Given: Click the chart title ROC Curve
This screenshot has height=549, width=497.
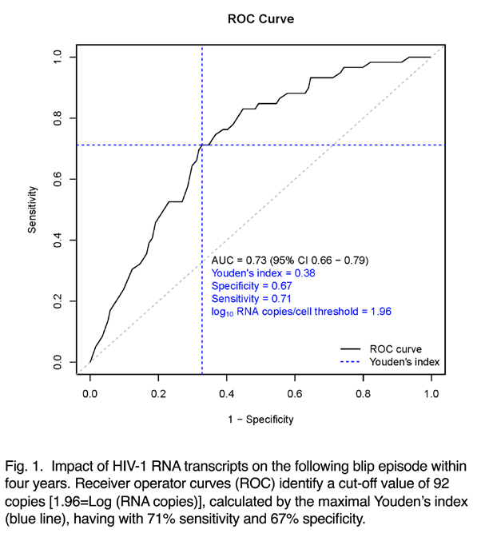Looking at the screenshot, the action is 260,19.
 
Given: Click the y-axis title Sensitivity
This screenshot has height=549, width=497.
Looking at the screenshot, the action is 32,209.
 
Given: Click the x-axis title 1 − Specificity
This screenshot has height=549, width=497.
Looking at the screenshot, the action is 260,419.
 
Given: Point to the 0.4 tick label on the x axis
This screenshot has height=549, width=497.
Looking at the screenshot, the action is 226,394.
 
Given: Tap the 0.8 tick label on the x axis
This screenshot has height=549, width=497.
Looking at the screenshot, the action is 363,394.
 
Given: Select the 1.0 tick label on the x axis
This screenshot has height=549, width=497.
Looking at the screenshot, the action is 431,394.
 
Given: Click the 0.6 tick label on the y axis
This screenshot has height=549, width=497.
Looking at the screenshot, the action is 58,179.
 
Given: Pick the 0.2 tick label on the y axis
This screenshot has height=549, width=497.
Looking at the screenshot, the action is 58,301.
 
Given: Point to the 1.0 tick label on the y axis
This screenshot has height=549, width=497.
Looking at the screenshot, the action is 58,57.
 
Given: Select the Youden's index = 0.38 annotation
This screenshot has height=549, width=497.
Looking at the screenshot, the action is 263,273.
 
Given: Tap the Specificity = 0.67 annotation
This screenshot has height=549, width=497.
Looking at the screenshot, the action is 252,286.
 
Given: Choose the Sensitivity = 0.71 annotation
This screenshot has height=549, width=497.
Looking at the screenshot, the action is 252,299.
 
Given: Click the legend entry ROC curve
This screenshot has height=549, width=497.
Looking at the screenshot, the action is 396,349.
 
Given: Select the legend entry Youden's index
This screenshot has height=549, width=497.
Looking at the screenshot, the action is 404,362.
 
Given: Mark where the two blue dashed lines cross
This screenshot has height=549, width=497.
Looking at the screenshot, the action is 202,145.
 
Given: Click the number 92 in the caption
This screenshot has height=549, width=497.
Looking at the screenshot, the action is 441,483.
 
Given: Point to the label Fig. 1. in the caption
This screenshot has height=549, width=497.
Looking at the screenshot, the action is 24,467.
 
